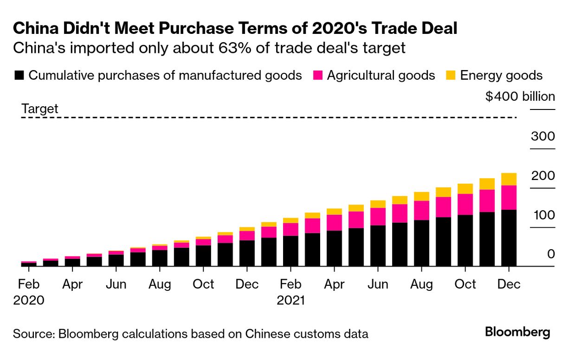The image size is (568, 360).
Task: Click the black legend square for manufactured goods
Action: point(19,76)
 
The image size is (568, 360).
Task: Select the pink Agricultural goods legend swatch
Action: point(317,76)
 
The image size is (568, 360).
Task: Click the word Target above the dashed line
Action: point(40,109)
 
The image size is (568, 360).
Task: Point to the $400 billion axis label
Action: point(520,96)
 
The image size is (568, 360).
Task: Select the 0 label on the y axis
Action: point(551,254)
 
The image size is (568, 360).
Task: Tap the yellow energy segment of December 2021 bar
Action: point(509,179)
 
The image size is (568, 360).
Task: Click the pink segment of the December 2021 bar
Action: point(509,198)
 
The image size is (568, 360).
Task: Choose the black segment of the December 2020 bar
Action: point(247,253)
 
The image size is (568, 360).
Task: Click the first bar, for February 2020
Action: point(29,264)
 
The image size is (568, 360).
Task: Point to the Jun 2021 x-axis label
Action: point(378,284)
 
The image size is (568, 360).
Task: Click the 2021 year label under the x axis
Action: point(291,300)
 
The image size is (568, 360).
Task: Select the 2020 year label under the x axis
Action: point(29,300)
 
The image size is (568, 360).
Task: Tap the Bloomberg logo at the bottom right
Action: point(517,332)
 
